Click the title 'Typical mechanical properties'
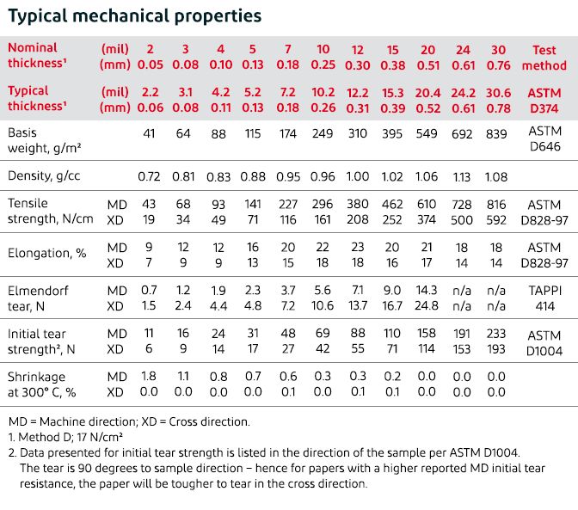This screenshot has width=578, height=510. (134, 16)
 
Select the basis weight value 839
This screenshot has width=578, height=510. (497, 134)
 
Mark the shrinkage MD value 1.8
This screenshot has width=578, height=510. (148, 375)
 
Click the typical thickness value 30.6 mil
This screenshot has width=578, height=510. (497, 90)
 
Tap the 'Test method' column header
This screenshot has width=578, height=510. (544, 57)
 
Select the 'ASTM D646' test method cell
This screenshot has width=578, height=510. (544, 141)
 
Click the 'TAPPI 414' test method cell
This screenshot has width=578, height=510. (544, 298)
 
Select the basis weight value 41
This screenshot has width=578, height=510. (148, 134)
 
